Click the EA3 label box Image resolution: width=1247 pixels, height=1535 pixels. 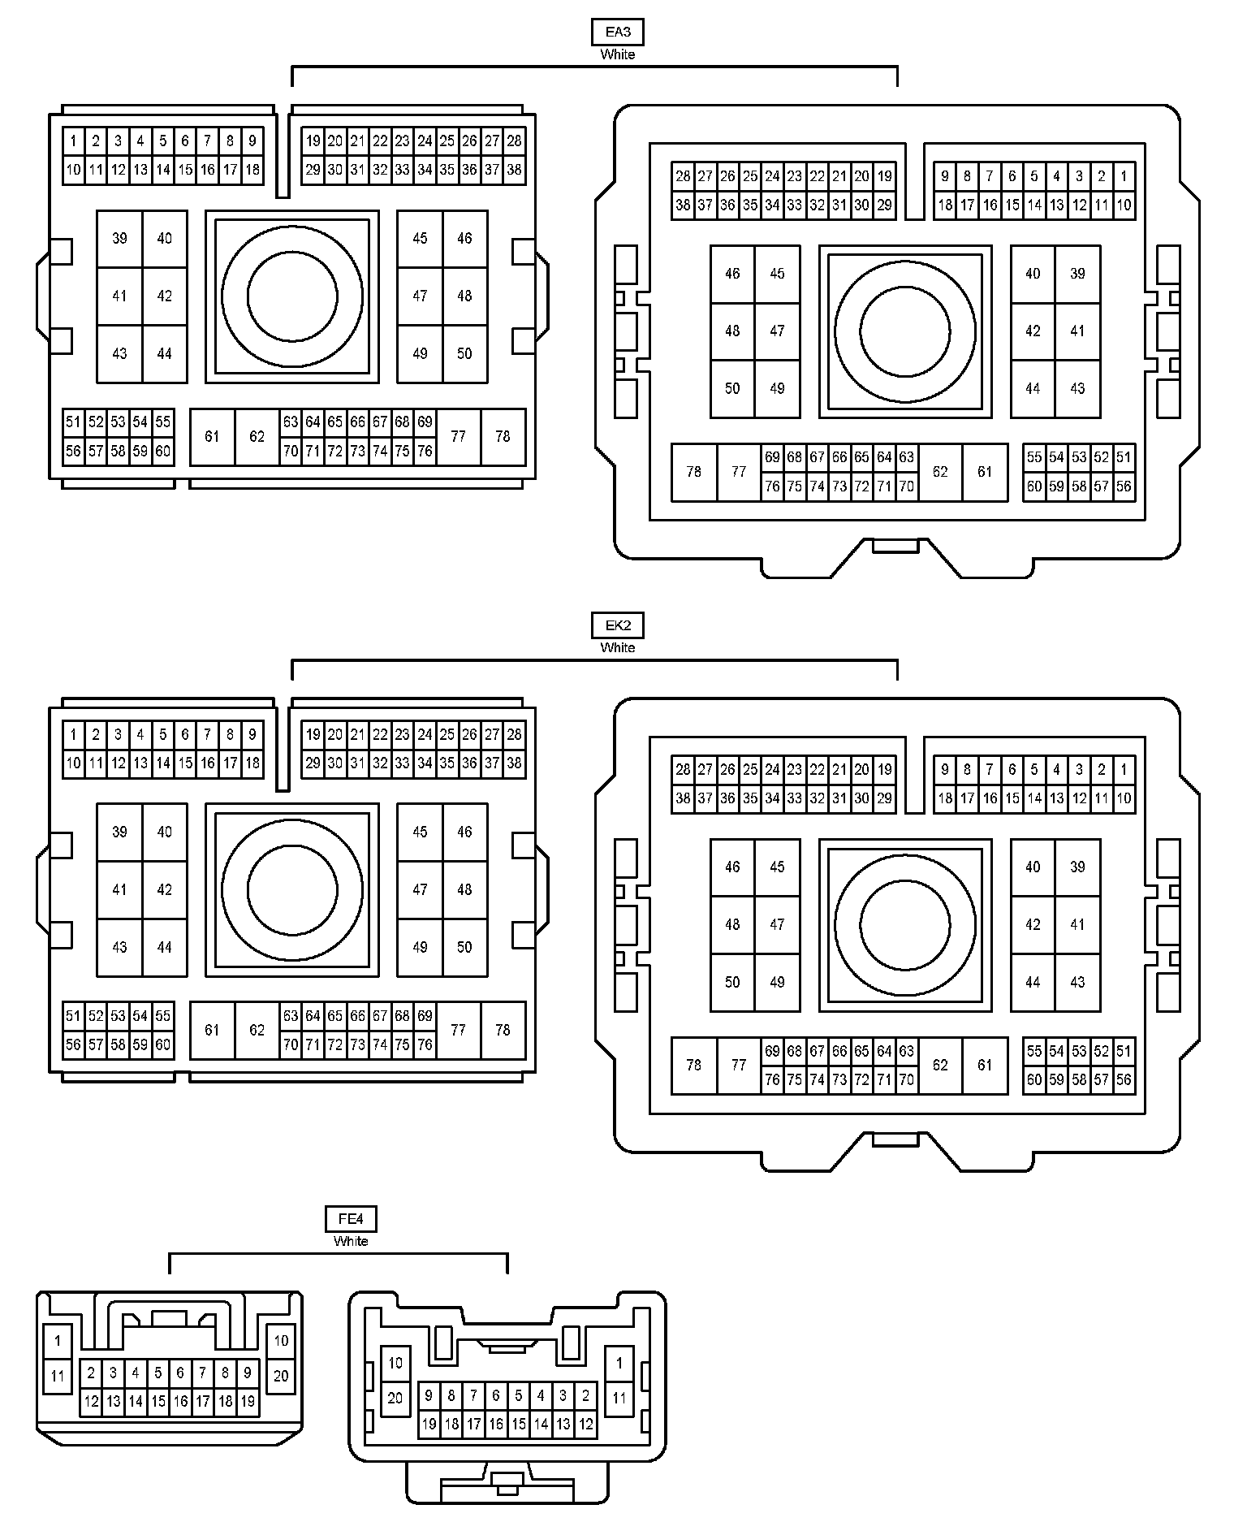coord(617,32)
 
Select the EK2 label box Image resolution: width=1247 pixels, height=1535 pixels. coord(617,625)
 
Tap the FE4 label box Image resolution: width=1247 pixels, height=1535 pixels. coord(351,1219)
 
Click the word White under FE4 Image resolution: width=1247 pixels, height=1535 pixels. coord(351,1241)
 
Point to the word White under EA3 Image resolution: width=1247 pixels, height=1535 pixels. coord(617,54)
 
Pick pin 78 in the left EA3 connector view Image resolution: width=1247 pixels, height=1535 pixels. coord(503,437)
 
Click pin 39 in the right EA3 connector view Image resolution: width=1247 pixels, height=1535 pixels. coord(1077,274)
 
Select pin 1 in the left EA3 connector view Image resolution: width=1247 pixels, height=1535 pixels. coord(73,141)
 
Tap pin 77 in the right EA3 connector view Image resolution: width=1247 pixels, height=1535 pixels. coord(738,472)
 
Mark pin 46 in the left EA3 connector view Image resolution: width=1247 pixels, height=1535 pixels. coord(464,239)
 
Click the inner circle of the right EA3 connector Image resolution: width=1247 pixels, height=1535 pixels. coord(904,331)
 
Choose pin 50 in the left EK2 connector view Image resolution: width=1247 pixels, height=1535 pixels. coord(464,947)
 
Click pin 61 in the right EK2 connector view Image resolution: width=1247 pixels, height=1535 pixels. coord(985,1065)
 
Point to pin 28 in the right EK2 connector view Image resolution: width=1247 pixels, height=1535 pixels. coord(683,770)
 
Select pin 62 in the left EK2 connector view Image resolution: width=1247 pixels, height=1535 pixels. coord(257,1030)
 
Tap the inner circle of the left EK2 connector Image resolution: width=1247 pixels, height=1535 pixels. coord(292,889)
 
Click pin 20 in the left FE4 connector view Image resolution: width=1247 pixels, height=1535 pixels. coord(281,1376)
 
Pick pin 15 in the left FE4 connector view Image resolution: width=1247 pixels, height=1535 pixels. coord(158,1401)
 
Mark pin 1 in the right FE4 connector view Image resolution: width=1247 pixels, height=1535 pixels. coord(619,1363)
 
